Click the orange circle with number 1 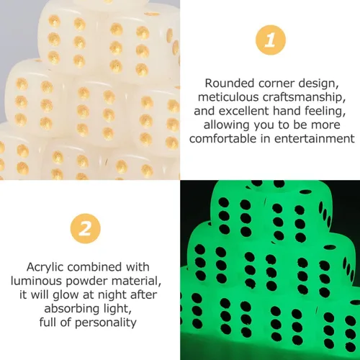pyautogui.click(x=271, y=40)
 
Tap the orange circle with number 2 pyautogui.click(x=86, y=228)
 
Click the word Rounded pyautogui.click(x=229, y=84)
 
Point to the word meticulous pyautogui.click(x=228, y=97)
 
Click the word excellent pyautogui.click(x=243, y=111)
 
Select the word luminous pyautogui.click(x=37, y=281)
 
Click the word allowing pyautogui.click(x=226, y=125)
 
